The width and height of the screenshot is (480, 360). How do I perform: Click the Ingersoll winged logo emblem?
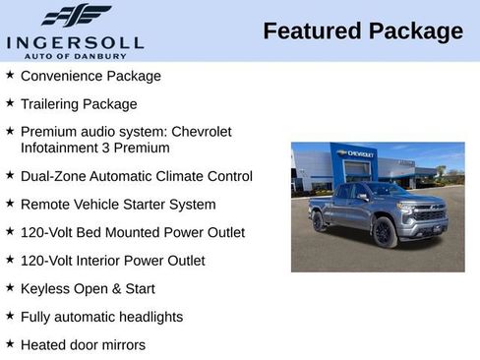click(x=76, y=16)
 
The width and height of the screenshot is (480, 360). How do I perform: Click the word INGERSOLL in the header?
click(x=75, y=42)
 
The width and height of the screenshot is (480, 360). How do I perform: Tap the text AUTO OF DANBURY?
click(x=75, y=55)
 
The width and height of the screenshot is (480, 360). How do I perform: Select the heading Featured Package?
click(x=362, y=31)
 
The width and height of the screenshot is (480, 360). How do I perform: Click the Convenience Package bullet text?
click(x=90, y=76)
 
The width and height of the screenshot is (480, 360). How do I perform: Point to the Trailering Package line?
click(x=79, y=104)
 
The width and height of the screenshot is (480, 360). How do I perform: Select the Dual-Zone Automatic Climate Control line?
click(x=136, y=177)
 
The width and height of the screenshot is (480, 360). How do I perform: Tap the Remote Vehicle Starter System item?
click(x=117, y=205)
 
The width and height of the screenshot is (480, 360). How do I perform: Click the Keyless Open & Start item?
click(x=88, y=289)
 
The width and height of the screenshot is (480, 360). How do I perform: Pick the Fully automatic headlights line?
click(x=101, y=317)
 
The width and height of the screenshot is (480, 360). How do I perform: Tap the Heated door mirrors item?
click(x=83, y=345)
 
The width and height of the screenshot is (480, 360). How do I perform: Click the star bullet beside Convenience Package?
click(x=10, y=75)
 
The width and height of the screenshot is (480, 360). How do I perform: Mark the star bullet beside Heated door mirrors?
click(x=10, y=344)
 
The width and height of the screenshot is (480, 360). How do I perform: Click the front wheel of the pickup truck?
click(x=384, y=232)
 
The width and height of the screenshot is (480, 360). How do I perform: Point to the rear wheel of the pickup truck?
click(x=320, y=221)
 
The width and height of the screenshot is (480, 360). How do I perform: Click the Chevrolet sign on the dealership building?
click(x=356, y=153)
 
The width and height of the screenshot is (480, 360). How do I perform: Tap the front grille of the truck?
click(x=429, y=212)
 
